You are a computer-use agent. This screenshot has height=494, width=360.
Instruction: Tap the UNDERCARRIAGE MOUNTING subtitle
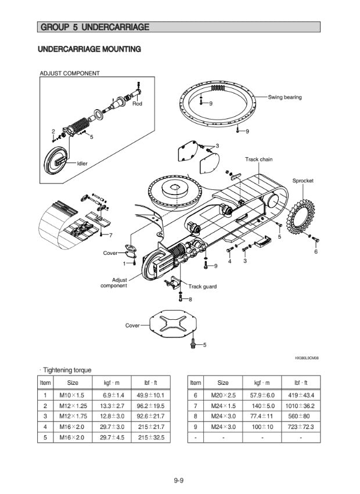pyautogui.click(x=89, y=49)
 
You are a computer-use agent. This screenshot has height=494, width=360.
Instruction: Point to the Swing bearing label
pyautogui.click(x=285, y=97)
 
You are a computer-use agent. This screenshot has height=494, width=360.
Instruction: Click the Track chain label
pyautogui.click(x=258, y=159)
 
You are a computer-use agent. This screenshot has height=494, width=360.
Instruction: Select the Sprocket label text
pyautogui.click(x=303, y=181)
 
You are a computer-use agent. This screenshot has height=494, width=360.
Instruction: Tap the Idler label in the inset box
pyautogui.click(x=82, y=164)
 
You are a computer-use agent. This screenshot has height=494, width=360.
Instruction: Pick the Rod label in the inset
pyautogui.click(x=137, y=103)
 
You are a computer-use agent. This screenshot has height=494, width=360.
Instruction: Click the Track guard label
pyautogui.click(x=202, y=287)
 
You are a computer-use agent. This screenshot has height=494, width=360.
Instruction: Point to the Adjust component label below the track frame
pyautogui.click(x=114, y=283)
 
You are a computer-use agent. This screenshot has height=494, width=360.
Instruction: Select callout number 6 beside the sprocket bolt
pyautogui.click(x=316, y=251)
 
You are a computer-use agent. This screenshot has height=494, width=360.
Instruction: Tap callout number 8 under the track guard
pyautogui.click(x=190, y=299)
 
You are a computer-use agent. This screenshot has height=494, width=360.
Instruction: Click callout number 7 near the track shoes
pyautogui.click(x=111, y=235)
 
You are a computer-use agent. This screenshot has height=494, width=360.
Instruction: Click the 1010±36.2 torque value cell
pyautogui.click(x=301, y=406)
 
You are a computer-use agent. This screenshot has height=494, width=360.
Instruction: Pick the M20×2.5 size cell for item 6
pyautogui.click(x=223, y=395)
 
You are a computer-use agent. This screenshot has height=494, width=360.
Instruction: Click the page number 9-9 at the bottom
pyautogui.click(x=179, y=479)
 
